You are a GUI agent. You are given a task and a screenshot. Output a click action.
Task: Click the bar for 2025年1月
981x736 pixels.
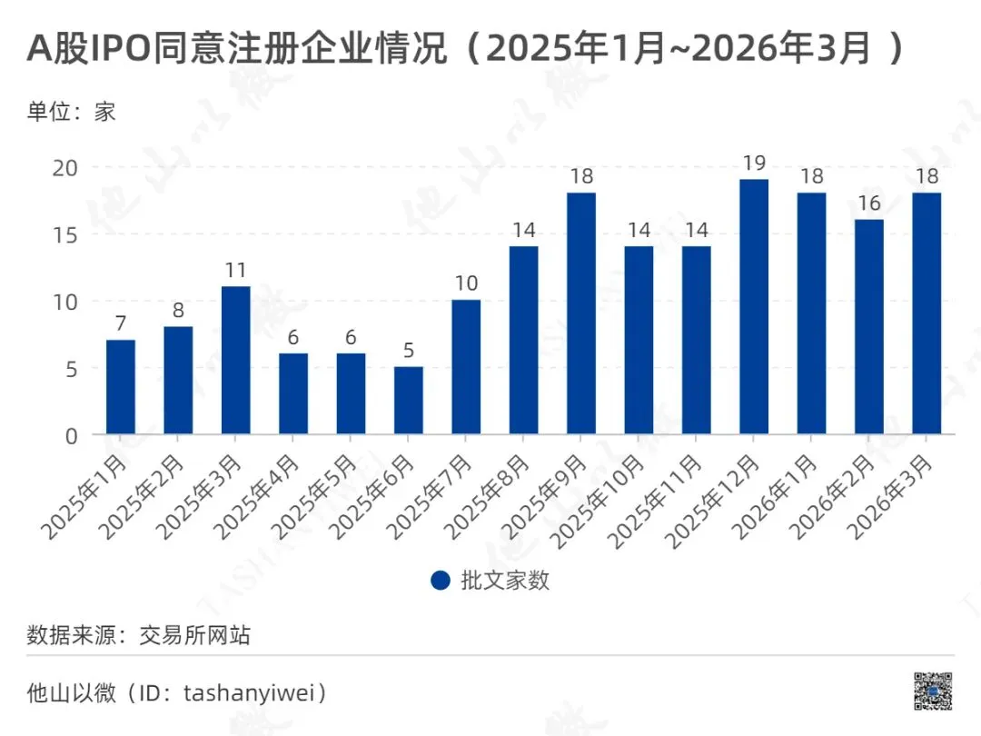coord(121,386)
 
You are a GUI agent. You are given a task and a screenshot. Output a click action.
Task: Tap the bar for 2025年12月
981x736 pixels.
coord(754,306)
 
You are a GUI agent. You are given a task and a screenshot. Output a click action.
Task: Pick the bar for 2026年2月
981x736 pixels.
coord(869,326)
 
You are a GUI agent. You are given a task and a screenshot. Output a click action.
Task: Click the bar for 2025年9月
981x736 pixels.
coord(581,313)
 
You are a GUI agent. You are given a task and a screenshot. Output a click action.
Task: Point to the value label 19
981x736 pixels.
coord(754,164)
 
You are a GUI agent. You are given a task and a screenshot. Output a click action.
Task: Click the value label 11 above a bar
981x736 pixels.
coord(236,270)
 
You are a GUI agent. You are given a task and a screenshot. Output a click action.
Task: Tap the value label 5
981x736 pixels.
coord(409,351)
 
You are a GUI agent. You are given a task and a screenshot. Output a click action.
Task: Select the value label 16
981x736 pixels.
coord(869,203)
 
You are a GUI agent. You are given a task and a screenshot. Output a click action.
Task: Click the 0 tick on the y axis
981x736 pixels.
coord(73,435)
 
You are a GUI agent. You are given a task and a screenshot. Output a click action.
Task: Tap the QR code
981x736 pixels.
coord(933,691)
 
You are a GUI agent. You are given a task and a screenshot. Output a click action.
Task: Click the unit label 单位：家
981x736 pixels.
coord(72,113)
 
